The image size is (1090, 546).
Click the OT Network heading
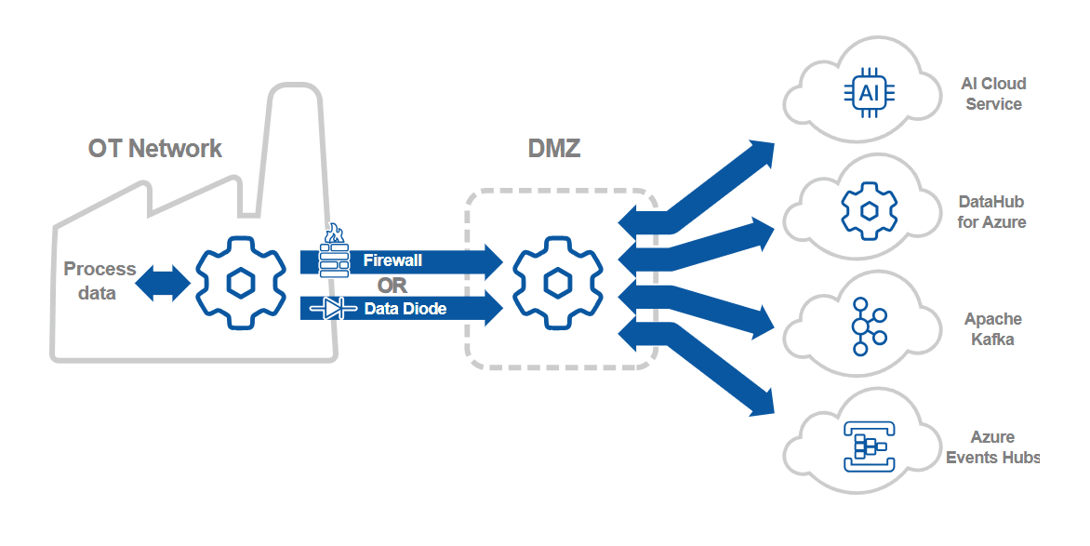pos(155,148)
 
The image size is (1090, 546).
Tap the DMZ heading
pos(553,148)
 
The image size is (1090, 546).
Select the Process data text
pos(100,281)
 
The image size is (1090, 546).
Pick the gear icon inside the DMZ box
pos(557,282)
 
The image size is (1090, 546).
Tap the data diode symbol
pos(334,309)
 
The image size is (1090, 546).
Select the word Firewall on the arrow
pos(392,261)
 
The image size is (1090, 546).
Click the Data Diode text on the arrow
pos(405,309)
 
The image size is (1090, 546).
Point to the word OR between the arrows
pos(392,286)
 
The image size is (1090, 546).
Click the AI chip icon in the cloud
pos(868,92)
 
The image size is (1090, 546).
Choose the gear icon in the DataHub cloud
pos(868,210)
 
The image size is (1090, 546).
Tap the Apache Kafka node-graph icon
pos(869,326)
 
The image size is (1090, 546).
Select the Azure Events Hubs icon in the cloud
pos(868,445)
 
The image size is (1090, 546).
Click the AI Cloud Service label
pos(993,94)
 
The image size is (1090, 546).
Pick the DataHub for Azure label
pos(991,212)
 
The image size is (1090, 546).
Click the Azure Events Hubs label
pos(991,447)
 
